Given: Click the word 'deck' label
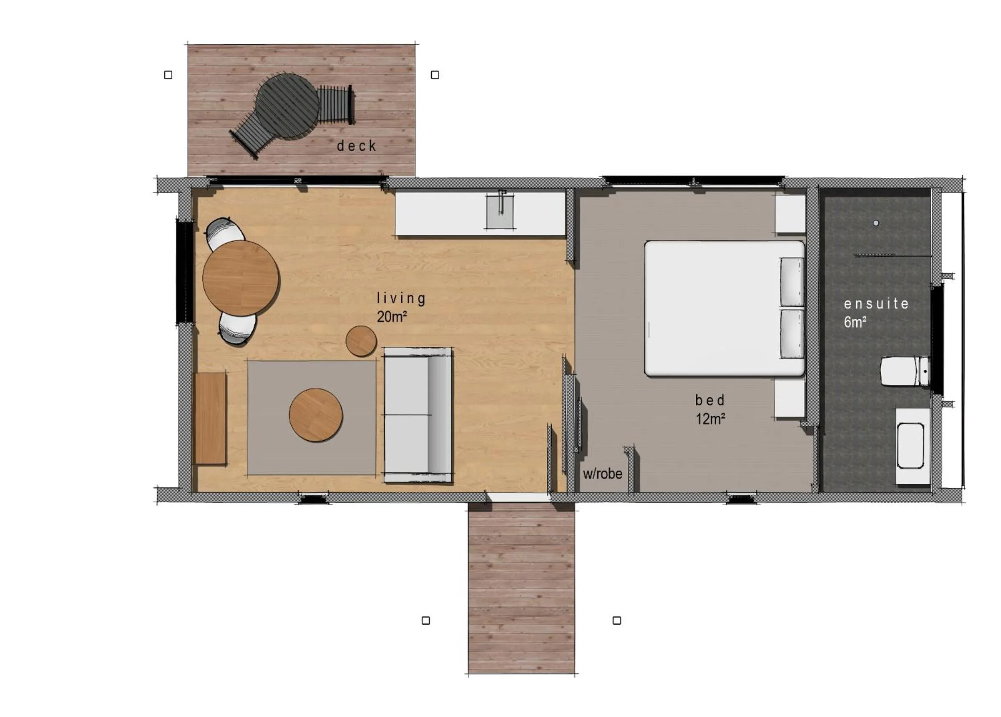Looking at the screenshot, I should (356, 146).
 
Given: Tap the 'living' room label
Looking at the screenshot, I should (400, 299).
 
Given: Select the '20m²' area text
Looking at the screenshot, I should (391, 317).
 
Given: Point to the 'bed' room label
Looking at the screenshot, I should (709, 400).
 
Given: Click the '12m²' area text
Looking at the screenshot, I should (710, 419).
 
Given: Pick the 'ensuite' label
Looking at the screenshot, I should (876, 304).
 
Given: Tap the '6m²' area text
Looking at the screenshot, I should (855, 322).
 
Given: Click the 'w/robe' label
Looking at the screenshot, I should (602, 474).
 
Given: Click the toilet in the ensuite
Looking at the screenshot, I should (904, 371).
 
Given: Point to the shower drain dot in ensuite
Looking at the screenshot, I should (876, 223).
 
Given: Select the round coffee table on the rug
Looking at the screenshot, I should (315, 415).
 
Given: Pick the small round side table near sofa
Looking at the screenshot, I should (361, 341).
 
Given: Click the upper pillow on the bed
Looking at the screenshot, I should (792, 281).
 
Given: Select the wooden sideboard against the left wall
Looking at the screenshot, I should (210, 418).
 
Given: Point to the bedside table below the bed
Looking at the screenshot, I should (790, 399).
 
